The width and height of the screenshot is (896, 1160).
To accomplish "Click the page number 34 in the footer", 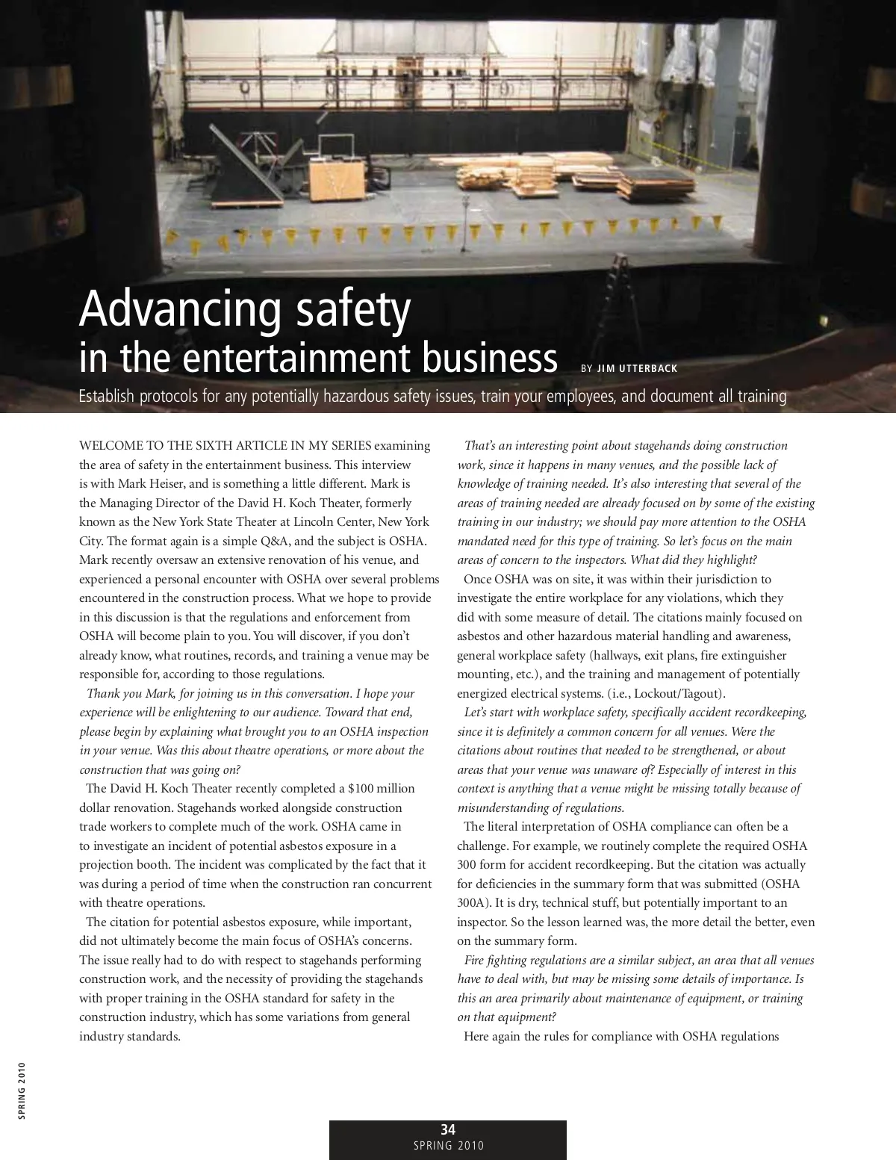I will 448,1129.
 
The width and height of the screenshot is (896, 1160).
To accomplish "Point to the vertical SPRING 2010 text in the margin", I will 22,1091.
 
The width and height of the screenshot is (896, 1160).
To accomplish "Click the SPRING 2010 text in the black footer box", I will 448,1146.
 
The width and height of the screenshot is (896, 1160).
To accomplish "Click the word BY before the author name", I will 586,368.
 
